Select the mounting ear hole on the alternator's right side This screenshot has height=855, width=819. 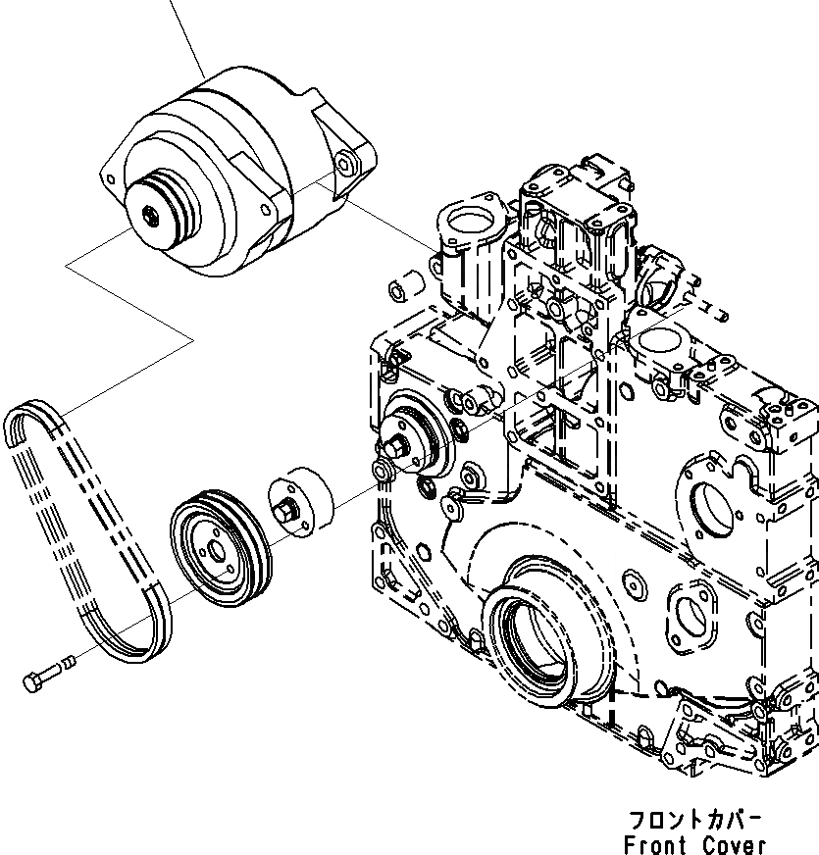tap(344, 164)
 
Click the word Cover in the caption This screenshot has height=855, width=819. tap(734, 844)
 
